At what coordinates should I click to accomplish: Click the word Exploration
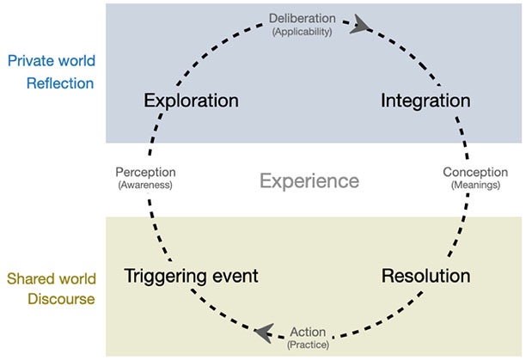tap(190, 101)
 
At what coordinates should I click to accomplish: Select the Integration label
tap(425, 101)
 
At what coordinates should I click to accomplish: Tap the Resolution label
tap(426, 277)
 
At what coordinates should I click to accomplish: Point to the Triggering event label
tap(191, 277)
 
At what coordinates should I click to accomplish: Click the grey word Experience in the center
tap(309, 181)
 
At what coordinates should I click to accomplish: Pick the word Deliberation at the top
tap(309, 17)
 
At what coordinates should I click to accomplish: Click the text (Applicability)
tap(309, 31)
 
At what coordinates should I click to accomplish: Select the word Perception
tap(145, 172)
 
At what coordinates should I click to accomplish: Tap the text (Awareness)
tap(145, 185)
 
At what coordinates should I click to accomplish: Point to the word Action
tap(308, 332)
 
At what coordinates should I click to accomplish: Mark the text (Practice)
tap(308, 345)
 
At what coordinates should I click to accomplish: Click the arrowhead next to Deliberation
tap(358, 26)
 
